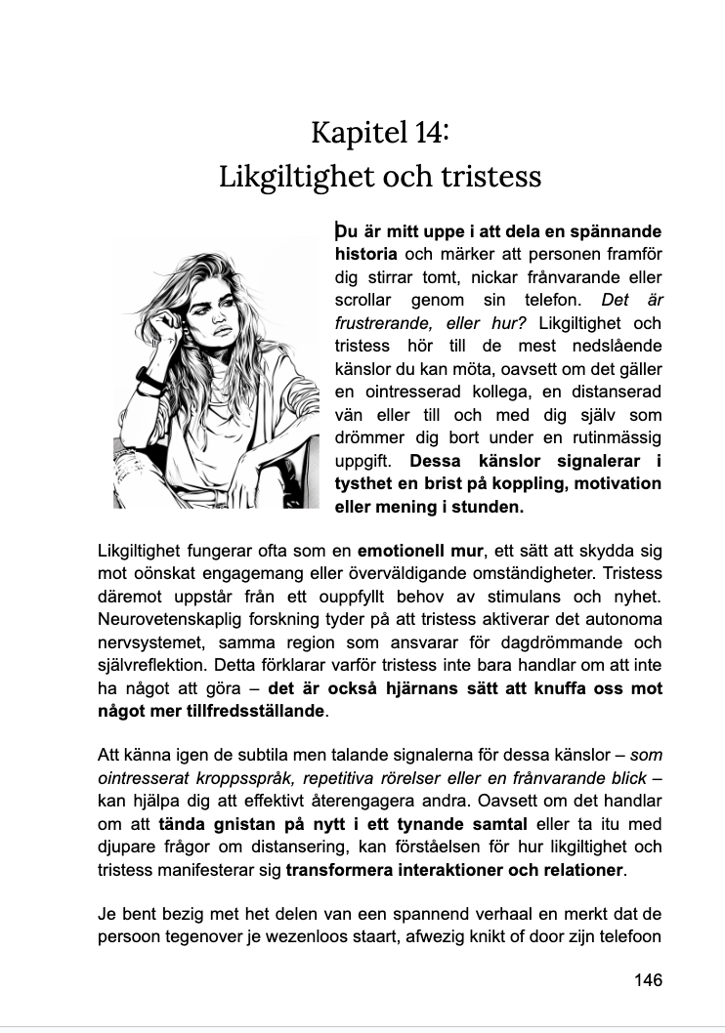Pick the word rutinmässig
616,435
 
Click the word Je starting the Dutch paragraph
108,915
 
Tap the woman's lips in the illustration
223,331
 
